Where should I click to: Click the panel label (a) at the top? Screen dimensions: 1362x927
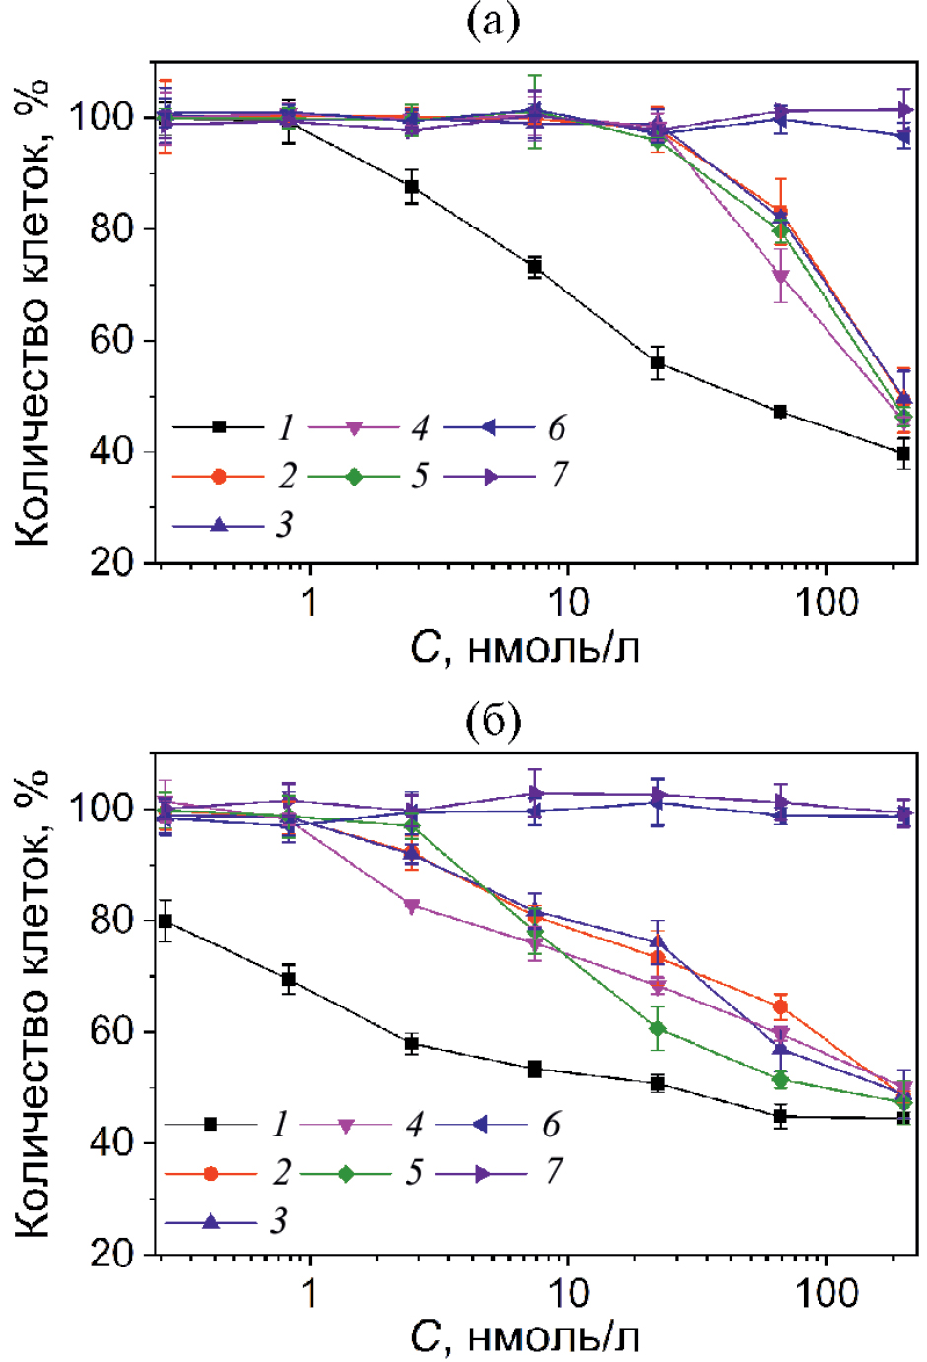click(493, 21)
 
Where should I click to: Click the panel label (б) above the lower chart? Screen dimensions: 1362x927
click(493, 721)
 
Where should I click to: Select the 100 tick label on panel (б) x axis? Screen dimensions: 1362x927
click(828, 1292)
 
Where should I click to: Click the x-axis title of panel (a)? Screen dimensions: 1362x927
click(525, 648)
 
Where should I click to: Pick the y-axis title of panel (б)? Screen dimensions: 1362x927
click(34, 1005)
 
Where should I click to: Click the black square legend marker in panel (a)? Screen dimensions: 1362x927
click(219, 427)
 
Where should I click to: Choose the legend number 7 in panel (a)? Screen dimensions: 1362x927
click(559, 476)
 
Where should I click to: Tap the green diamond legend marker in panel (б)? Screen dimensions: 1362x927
click(346, 1173)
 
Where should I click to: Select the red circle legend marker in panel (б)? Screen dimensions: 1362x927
click(210, 1173)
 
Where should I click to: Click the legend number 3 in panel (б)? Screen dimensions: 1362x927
click(280, 1221)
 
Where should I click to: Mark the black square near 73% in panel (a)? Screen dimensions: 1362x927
click(535, 267)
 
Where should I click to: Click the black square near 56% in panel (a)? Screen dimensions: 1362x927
click(658, 363)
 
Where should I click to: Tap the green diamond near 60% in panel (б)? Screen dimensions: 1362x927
click(658, 1030)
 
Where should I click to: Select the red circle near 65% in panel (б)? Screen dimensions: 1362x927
click(781, 1007)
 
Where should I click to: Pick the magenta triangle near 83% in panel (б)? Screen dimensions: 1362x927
click(412, 906)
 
